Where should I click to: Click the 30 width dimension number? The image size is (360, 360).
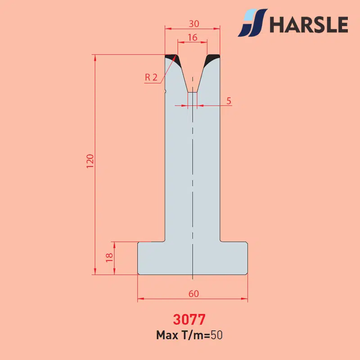coord(194,24)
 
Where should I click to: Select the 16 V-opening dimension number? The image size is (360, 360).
coord(193,37)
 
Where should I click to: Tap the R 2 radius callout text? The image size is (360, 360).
coord(151,77)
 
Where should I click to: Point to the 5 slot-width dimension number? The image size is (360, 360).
coord(229,101)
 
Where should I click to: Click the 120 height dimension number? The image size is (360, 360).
coord(90,161)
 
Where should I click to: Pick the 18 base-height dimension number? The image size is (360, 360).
coord(109,257)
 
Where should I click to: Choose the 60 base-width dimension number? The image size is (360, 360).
coord(193,294)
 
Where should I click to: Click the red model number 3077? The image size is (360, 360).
coord(189,319)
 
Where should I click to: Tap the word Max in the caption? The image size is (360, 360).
coord(167,335)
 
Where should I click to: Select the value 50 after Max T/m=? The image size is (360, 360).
coord(217,335)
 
